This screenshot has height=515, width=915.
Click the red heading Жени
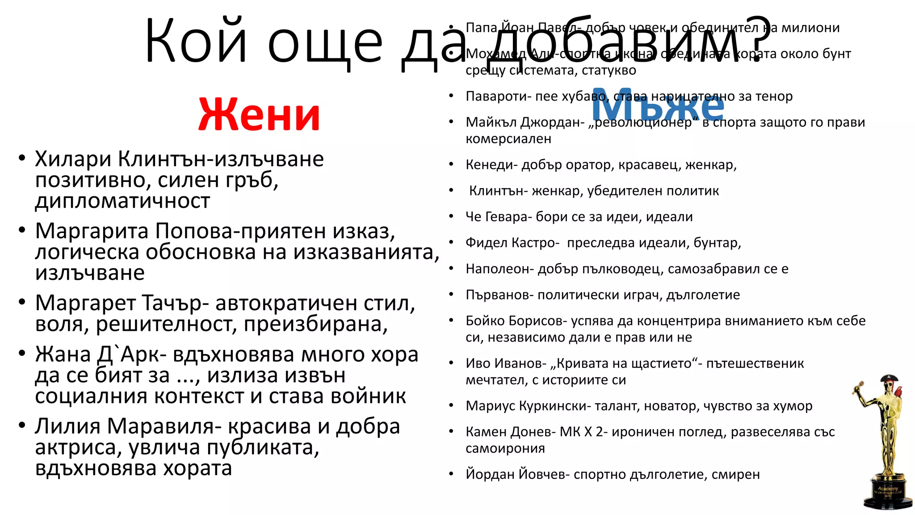click(259, 115)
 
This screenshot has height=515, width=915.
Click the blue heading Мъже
click(657, 106)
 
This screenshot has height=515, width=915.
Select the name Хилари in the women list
click(73, 159)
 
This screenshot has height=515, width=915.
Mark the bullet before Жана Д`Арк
click(22, 354)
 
